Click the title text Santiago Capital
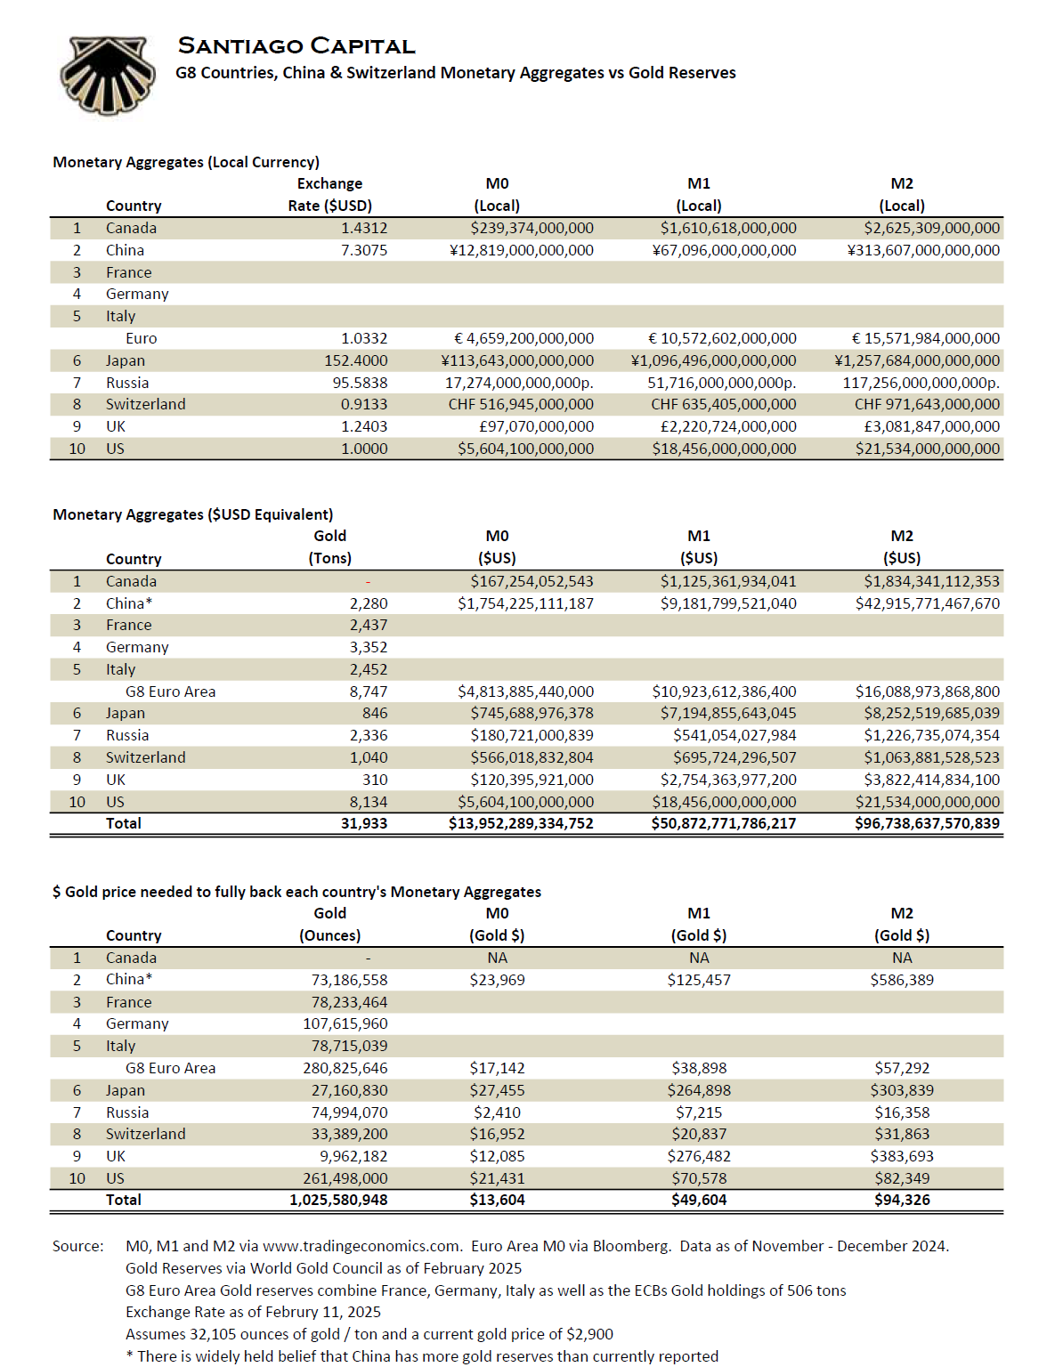[x=296, y=46]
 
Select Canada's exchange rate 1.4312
[x=364, y=229]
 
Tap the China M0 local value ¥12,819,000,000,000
[x=522, y=251]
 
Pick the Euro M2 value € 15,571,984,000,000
[x=926, y=339]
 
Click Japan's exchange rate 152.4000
[x=356, y=361]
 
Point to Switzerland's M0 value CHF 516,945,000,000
[x=521, y=405]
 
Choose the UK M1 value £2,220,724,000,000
[x=728, y=427]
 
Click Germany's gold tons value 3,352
[x=369, y=648]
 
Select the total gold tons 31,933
[x=364, y=824]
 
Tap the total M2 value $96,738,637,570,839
[x=927, y=824]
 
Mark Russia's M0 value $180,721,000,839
[x=532, y=736]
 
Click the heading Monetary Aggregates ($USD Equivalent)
[x=193, y=515]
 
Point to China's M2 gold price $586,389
[x=902, y=980]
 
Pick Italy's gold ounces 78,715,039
[x=349, y=1047]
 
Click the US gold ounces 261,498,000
[x=345, y=1179]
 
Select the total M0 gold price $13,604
[x=497, y=1201]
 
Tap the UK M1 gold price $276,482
[x=699, y=1157]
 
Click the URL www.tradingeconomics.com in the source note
[x=361, y=1247]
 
